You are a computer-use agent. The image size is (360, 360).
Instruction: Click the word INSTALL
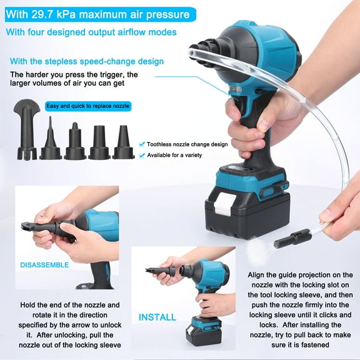coord(157,316)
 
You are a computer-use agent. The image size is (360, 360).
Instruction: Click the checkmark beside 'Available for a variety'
coord(143,154)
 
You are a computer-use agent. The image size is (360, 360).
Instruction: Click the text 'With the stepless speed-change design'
coord(87,61)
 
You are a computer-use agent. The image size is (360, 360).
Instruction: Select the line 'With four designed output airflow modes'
coord(91,32)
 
